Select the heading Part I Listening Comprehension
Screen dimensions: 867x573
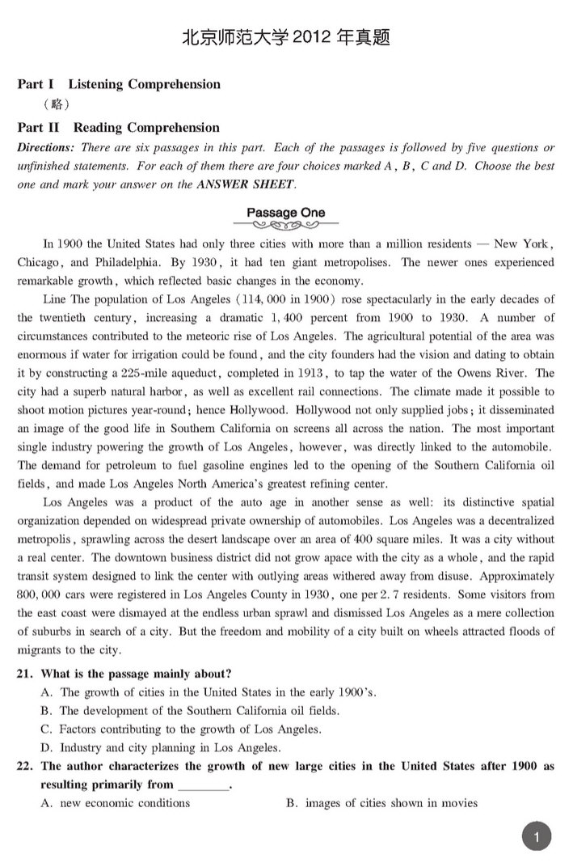click(x=119, y=84)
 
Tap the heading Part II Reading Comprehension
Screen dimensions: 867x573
click(x=119, y=128)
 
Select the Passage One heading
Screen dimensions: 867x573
click(x=286, y=213)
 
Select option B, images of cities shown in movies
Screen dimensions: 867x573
click(x=381, y=803)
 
